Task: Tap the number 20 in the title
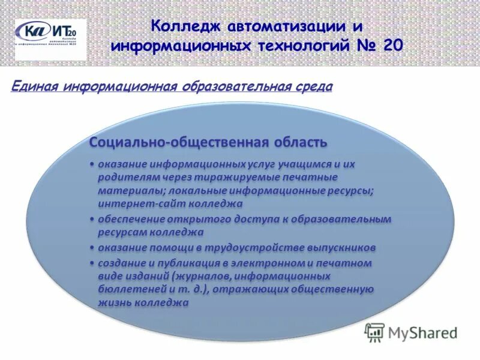tap(389, 45)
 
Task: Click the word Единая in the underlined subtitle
tap(33, 88)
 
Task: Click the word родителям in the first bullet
tap(126, 178)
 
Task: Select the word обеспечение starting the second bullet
tap(131, 219)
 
